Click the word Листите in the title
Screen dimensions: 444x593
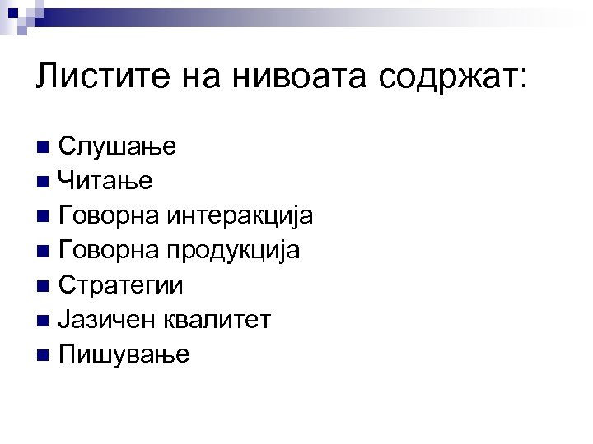click(90, 78)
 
